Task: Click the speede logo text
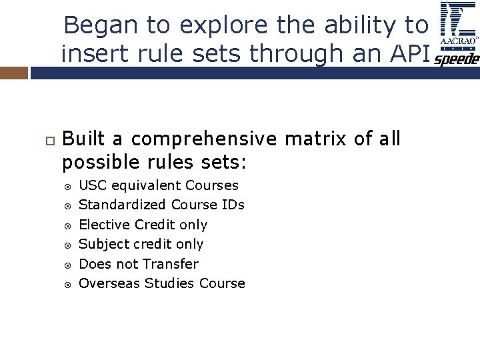457,59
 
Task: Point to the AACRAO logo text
459,41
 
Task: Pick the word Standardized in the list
122,205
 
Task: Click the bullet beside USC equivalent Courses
67,186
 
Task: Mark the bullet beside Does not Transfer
67,265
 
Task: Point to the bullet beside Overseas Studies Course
67,284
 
